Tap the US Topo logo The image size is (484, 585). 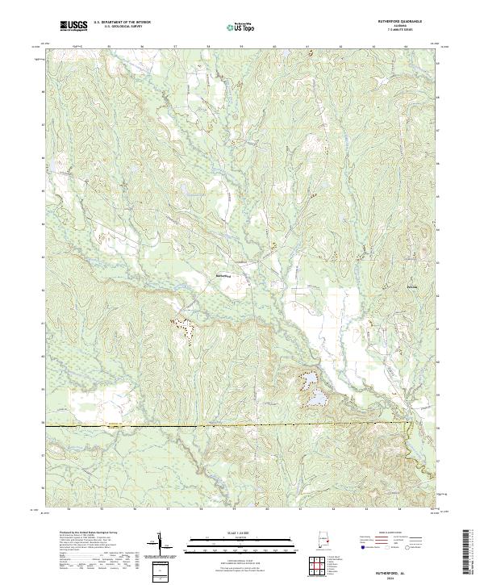(x=242, y=27)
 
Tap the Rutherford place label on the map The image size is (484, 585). (x=225, y=275)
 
